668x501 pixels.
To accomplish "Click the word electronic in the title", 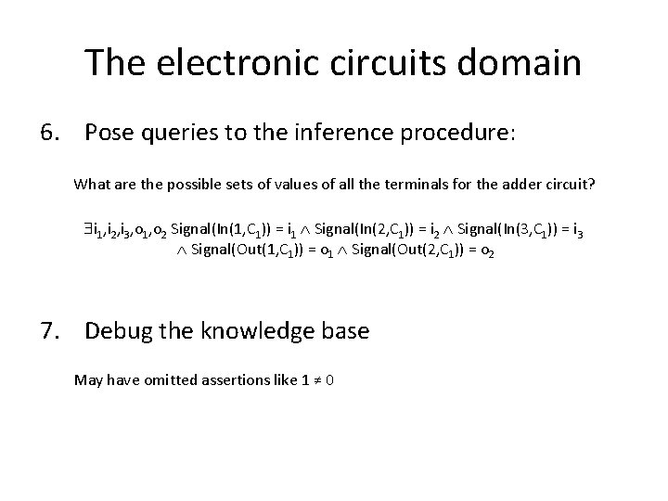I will coord(235,62).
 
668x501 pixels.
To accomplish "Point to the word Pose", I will coord(109,134).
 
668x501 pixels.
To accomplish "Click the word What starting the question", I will coord(90,185).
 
